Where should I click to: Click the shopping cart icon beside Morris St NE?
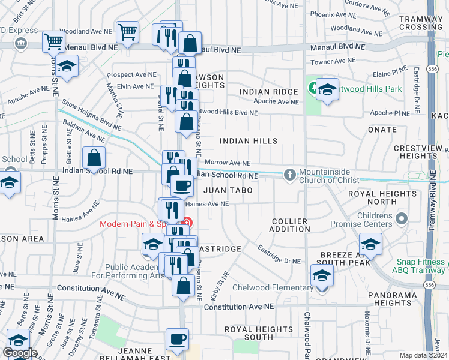(53, 42)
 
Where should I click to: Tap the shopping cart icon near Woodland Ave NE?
(127, 32)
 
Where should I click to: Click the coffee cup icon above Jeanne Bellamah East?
(176, 339)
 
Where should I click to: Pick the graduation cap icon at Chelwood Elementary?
(322, 275)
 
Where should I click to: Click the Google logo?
(20, 353)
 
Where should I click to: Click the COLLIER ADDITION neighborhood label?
(289, 226)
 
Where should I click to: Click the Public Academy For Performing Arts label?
(134, 272)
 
